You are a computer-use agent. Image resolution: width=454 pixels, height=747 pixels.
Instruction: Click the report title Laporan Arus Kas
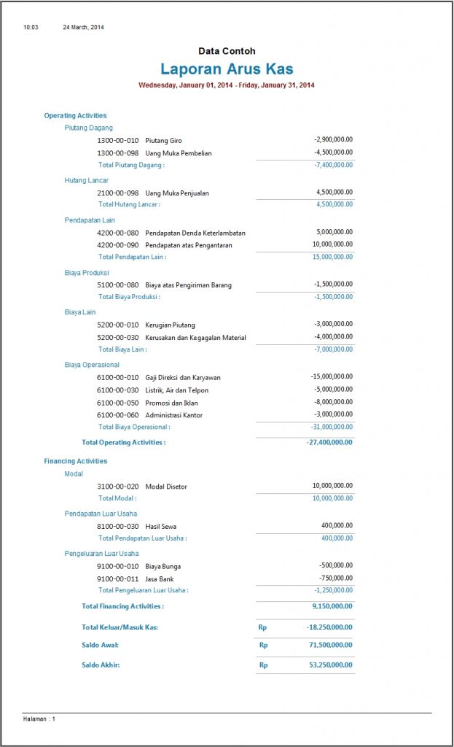227,69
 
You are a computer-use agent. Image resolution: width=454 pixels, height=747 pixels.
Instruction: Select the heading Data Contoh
227,51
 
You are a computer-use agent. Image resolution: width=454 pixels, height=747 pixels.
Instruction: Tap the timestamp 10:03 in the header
31,27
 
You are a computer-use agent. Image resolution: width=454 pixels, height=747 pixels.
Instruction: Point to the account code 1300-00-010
117,140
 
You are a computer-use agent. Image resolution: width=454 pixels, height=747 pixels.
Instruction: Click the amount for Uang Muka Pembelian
333,152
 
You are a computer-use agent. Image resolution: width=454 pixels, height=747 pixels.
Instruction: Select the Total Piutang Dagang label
131,165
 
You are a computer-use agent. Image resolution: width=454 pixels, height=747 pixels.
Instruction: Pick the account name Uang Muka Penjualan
177,193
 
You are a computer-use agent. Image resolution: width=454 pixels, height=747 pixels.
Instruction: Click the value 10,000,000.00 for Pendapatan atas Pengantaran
332,244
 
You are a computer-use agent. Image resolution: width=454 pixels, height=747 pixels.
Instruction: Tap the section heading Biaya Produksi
87,272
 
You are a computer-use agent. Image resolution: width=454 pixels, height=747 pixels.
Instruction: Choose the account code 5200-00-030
117,338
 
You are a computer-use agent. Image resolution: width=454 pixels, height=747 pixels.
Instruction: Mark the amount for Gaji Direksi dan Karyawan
331,376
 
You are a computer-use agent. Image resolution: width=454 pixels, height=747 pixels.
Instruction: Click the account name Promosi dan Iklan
171,403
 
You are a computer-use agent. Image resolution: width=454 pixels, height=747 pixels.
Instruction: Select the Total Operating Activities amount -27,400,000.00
329,442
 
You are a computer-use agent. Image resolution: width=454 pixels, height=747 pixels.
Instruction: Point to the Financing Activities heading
75,461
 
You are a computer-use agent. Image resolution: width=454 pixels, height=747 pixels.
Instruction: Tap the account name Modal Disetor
166,487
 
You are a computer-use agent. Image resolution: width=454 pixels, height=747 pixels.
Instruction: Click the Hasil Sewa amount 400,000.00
337,525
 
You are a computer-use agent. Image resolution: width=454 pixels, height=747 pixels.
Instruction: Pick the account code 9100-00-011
117,579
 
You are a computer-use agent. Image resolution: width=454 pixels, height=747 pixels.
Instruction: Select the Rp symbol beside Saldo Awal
264,646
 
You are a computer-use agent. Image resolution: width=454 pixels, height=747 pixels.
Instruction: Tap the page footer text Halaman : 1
39,719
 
